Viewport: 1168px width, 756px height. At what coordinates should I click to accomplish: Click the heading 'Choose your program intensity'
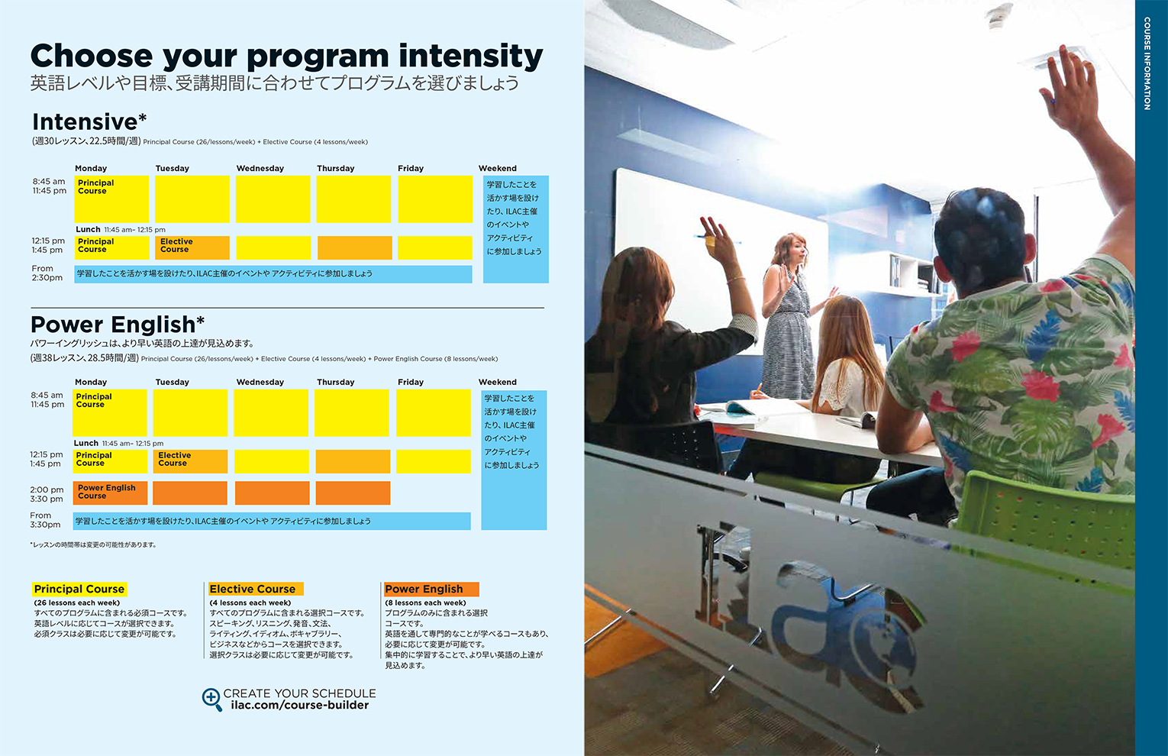pos(286,57)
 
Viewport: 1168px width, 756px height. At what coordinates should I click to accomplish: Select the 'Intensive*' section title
pos(89,122)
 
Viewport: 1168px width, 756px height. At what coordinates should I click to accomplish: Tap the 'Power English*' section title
pos(118,325)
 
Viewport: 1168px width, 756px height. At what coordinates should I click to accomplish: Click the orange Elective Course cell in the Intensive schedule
pos(192,248)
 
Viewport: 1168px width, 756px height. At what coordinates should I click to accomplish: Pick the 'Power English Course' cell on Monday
pos(110,493)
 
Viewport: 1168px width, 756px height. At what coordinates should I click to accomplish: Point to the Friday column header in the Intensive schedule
pos(411,168)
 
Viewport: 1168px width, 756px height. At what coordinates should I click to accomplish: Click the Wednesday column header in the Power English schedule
pos(260,382)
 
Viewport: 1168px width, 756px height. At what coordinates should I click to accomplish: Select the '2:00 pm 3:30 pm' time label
pos(47,494)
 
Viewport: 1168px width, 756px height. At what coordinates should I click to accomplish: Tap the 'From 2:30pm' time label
pos(47,273)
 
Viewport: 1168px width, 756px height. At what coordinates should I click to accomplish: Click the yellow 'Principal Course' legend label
pos(79,589)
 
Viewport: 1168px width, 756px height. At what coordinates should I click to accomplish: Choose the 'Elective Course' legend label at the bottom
pos(256,589)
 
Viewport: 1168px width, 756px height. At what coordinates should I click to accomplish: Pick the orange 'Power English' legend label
pos(431,589)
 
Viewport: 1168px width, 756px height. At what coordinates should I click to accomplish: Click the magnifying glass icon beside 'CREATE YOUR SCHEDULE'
pos(211,699)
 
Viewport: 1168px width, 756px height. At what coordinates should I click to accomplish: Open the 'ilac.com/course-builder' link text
pos(300,706)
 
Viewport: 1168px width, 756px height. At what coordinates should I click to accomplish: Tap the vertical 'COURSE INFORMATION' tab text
pos(1147,63)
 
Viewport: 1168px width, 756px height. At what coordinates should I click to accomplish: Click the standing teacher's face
pos(795,254)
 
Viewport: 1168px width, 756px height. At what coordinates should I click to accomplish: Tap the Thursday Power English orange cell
pos(353,493)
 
